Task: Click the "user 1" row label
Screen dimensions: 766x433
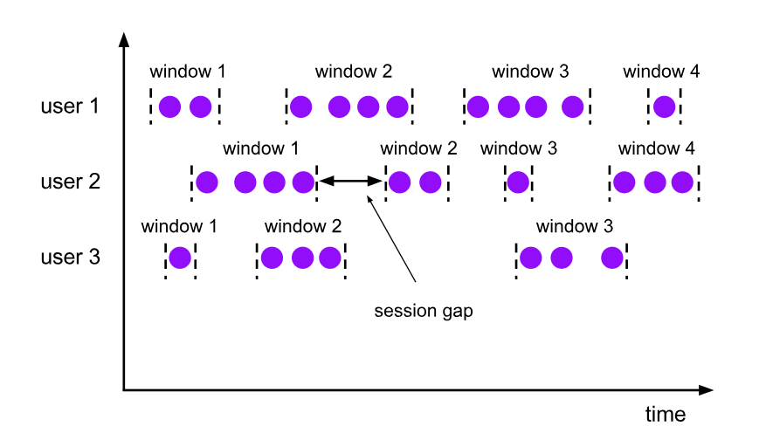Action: pyautogui.click(x=70, y=106)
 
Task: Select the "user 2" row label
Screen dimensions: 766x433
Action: pyautogui.click(x=71, y=182)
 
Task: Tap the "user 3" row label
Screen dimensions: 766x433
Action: pyautogui.click(x=71, y=257)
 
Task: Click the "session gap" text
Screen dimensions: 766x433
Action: pyautogui.click(x=424, y=312)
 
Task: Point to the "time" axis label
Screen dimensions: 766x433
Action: pyautogui.click(x=666, y=414)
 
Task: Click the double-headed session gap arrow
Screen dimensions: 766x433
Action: pyautogui.click(x=350, y=181)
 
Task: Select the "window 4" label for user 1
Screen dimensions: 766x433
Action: pyautogui.click(x=661, y=72)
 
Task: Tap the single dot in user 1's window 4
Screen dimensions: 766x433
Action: pyautogui.click(x=665, y=107)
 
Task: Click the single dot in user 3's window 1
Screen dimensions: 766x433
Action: pyautogui.click(x=180, y=258)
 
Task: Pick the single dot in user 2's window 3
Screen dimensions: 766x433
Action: pyautogui.click(x=518, y=182)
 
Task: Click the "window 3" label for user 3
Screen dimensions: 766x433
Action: pyautogui.click(x=575, y=226)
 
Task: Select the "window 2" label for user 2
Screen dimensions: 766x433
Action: pyautogui.click(x=418, y=148)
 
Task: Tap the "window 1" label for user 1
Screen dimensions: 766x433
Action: pyautogui.click(x=188, y=72)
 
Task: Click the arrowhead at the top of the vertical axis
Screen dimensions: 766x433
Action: pyautogui.click(x=124, y=40)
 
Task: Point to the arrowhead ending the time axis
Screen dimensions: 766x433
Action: pyautogui.click(x=707, y=390)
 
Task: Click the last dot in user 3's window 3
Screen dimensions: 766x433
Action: pyautogui.click(x=612, y=258)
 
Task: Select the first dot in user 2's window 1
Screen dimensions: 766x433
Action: pyautogui.click(x=207, y=182)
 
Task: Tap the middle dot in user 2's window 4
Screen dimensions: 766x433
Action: pyautogui.click(x=654, y=182)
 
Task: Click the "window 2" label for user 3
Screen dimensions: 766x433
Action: pyautogui.click(x=303, y=226)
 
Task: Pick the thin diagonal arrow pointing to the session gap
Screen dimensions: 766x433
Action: pyautogui.click(x=391, y=238)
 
